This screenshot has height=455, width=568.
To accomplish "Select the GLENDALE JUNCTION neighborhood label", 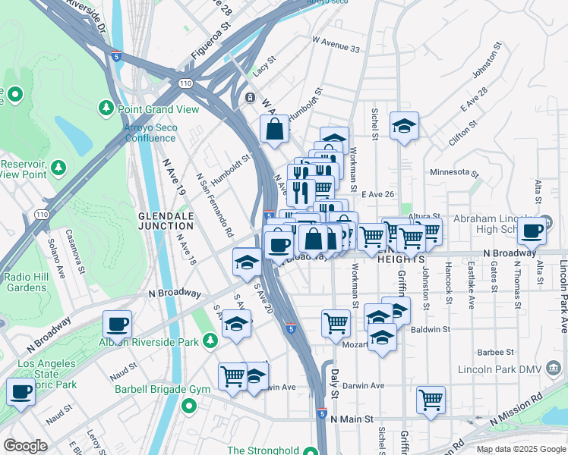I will [x=166, y=221].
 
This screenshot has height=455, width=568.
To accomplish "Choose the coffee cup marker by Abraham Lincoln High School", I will [x=532, y=230].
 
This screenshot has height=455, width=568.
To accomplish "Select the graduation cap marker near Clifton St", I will [x=405, y=127].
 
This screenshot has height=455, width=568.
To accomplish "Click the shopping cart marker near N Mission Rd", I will [x=431, y=399].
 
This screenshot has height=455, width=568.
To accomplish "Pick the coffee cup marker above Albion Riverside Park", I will [x=118, y=324].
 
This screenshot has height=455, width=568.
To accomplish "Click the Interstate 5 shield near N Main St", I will [x=323, y=415].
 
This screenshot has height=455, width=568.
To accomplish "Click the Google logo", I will [x=26, y=446].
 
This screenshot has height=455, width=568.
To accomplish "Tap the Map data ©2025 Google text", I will [x=520, y=449].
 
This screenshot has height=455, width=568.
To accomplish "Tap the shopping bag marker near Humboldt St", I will [x=275, y=129].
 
